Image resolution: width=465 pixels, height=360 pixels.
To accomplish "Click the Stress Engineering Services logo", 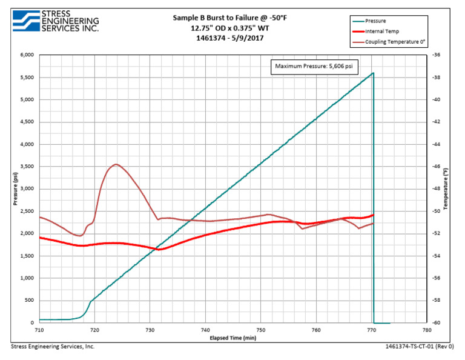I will [54, 21].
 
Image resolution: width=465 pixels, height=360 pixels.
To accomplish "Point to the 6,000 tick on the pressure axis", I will [27, 55].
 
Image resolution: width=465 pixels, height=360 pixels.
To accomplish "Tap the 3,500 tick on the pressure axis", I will [27, 167].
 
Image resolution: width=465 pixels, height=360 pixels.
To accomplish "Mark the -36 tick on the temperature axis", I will [437, 55].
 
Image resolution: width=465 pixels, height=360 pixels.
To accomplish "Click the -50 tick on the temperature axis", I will [437, 212].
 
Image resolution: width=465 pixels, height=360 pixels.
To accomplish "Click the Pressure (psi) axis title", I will [13, 189].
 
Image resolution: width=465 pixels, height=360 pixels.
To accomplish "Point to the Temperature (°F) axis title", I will [449, 189].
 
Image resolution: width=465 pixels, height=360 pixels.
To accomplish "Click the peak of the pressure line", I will [373, 73].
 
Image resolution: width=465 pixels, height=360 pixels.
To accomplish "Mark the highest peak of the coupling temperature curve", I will [116, 164].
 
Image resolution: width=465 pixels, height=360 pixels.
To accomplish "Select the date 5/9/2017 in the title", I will [246, 38].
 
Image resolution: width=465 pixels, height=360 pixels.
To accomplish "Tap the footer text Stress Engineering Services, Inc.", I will [53, 347].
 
